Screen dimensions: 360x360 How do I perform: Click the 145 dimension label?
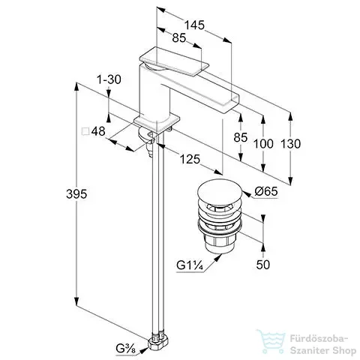pyautogui.click(x=194, y=25)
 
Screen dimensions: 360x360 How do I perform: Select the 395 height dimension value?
pyautogui.click(x=76, y=193)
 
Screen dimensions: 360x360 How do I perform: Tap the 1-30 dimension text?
pyautogui.click(x=109, y=79)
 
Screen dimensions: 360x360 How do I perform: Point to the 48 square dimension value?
pyautogui.click(x=98, y=131)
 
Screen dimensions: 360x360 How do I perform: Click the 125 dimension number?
pyautogui.click(x=190, y=159)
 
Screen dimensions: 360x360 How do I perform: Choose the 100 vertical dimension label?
pyautogui.click(x=263, y=144)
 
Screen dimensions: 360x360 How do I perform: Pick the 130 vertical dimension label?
pyautogui.click(x=290, y=144)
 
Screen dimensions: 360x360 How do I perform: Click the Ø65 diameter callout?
pyautogui.click(x=266, y=191)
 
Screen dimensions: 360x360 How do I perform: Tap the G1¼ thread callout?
pyautogui.click(x=189, y=265)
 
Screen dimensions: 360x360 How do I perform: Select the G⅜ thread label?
pyautogui.click(x=126, y=349)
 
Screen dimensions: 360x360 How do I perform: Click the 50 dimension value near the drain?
pyautogui.click(x=263, y=265)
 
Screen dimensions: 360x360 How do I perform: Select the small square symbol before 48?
pyautogui.click(x=85, y=131)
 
